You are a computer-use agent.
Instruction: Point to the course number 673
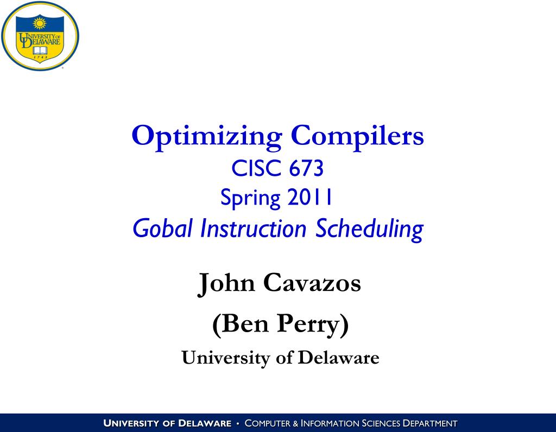click(306, 168)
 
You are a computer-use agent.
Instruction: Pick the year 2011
click(310, 197)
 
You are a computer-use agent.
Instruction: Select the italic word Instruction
click(253, 228)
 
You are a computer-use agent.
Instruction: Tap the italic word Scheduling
click(369, 229)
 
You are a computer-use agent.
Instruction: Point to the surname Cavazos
click(312, 283)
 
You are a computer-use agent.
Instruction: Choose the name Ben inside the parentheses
click(241, 324)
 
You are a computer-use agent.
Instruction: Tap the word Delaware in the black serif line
click(339, 357)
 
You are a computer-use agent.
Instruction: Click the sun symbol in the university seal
click(40, 24)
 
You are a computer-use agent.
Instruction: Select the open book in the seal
click(40, 50)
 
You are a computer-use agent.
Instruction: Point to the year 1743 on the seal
click(40, 58)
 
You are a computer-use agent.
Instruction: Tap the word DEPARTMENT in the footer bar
click(430, 423)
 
